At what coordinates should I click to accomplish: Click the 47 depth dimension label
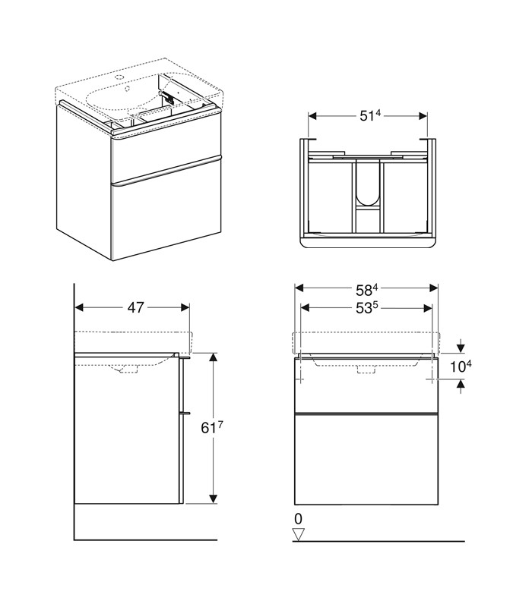[x=136, y=307]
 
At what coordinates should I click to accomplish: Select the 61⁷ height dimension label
[x=212, y=427]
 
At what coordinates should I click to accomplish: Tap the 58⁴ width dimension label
[x=366, y=289]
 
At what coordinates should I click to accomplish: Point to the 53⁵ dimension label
[x=366, y=308]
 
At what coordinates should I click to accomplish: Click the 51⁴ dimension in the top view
[x=370, y=115]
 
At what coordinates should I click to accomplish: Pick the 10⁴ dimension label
[x=461, y=366]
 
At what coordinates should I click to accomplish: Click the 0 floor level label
[x=298, y=518]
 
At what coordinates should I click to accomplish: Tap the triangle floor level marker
[x=298, y=534]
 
